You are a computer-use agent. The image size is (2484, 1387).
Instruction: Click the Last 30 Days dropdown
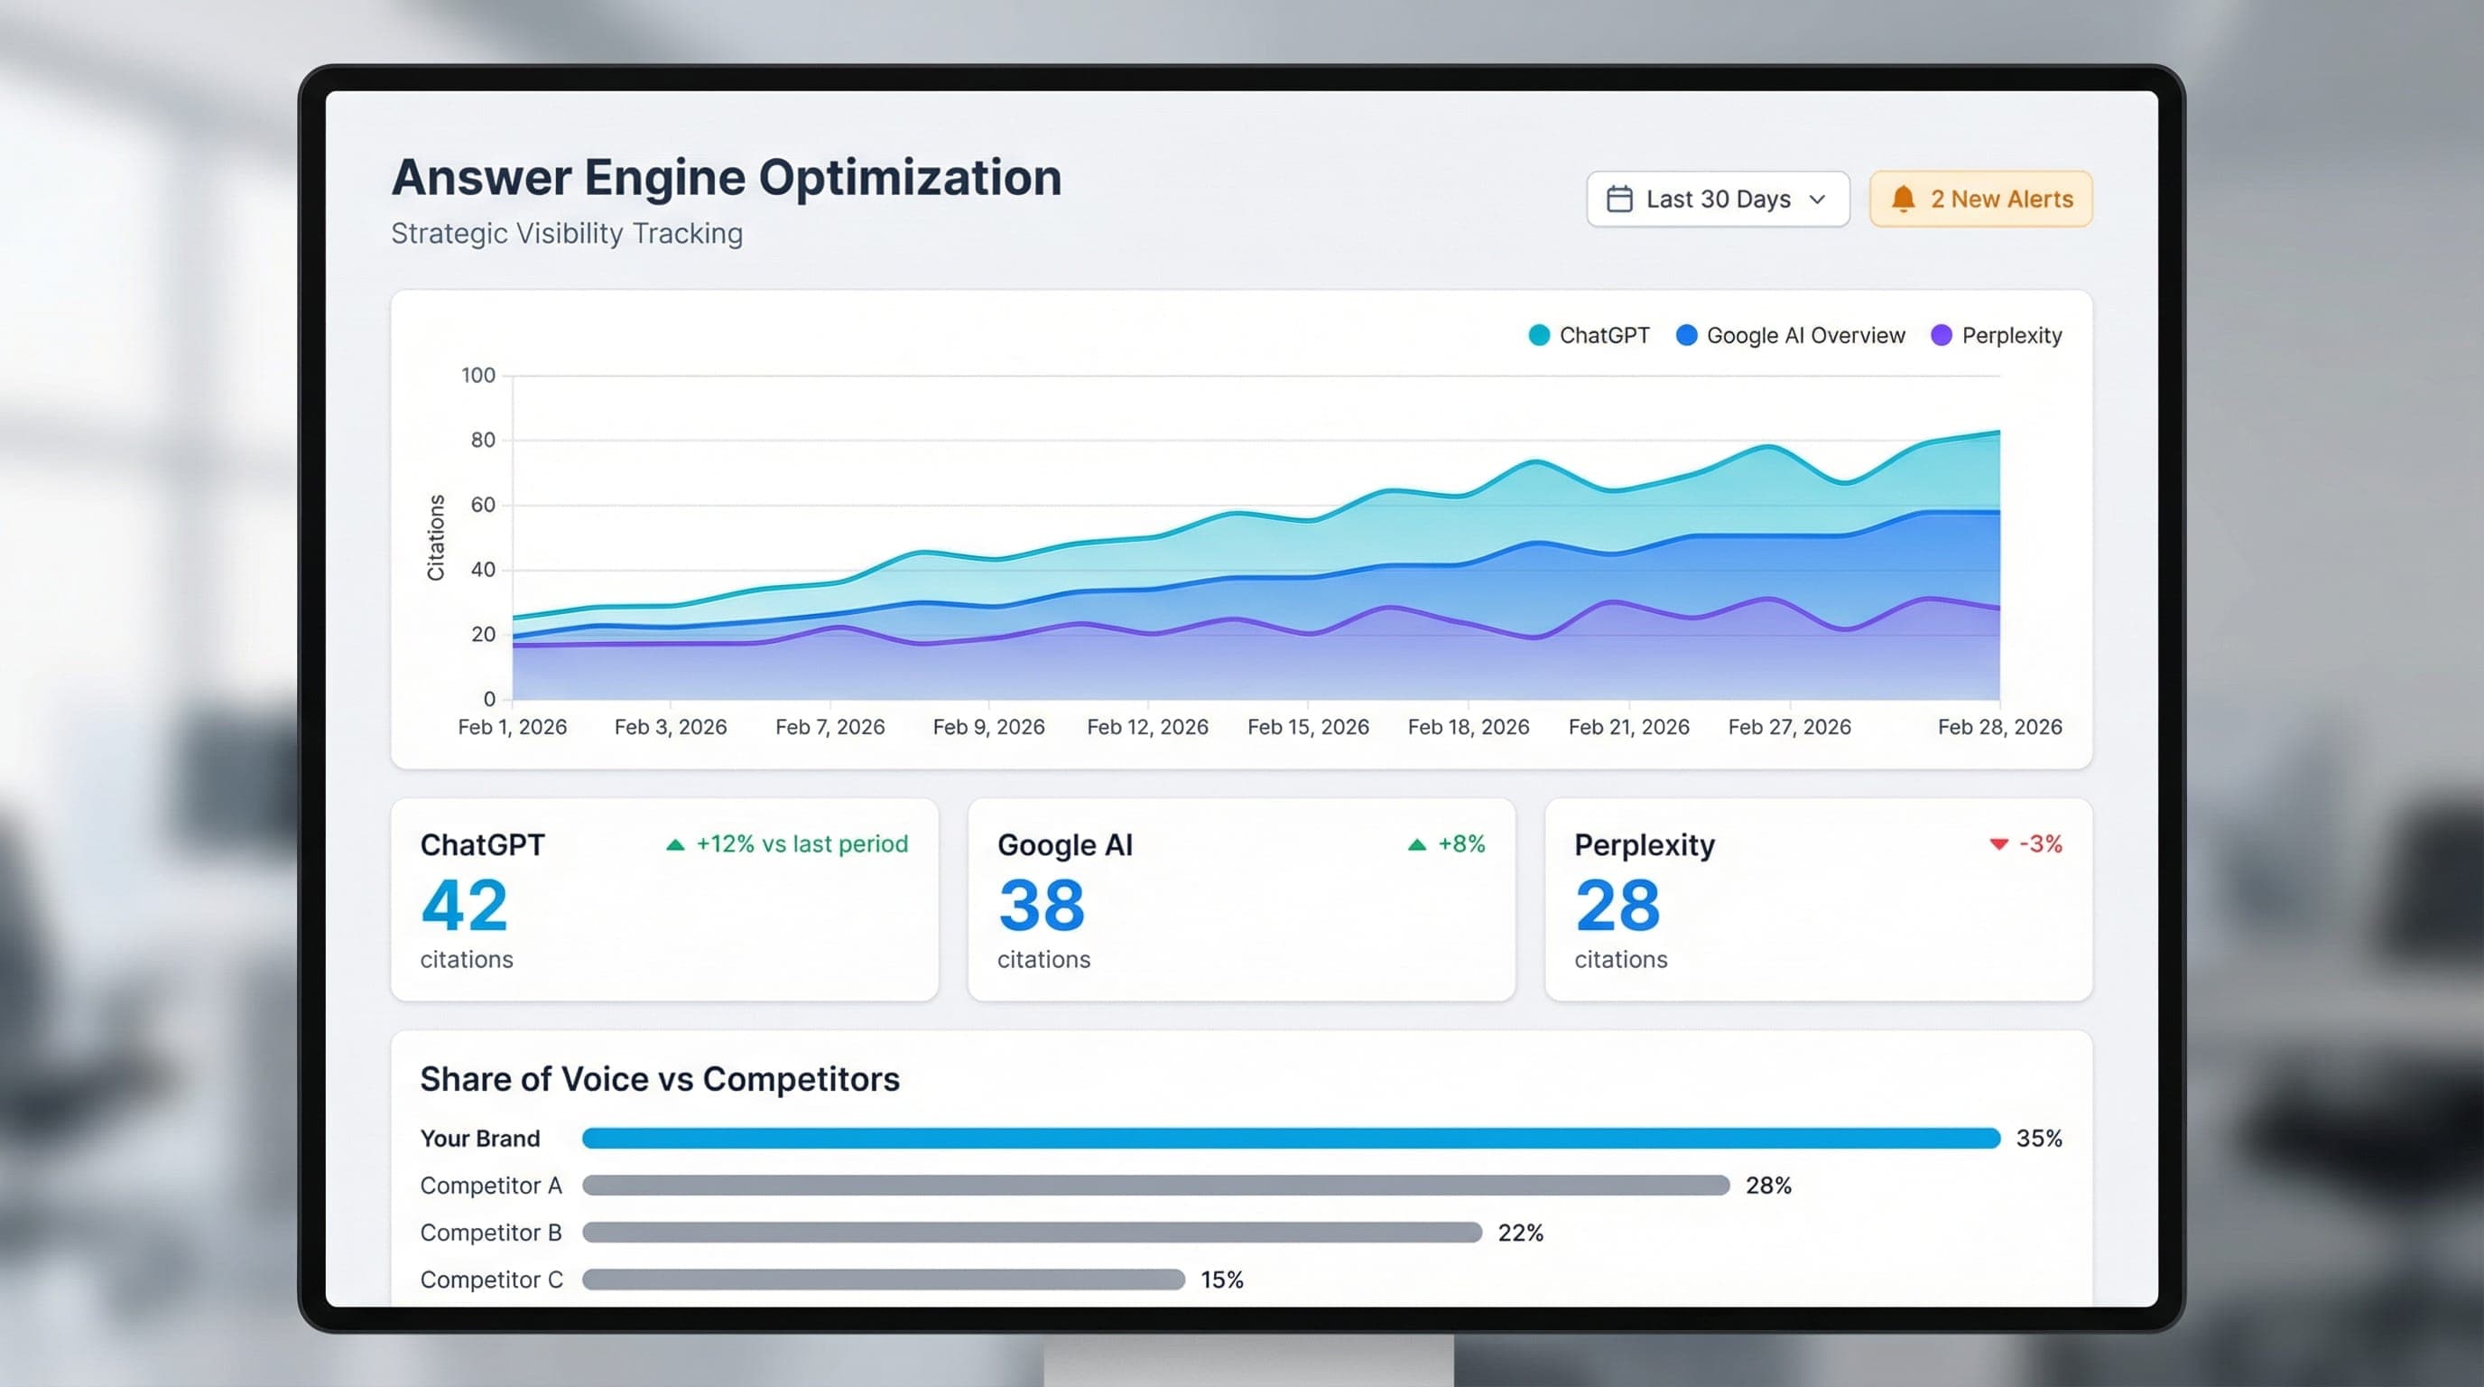coord(1718,199)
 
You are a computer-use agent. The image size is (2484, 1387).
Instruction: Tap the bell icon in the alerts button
coord(1903,199)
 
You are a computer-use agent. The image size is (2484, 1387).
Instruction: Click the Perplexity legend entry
coord(1997,336)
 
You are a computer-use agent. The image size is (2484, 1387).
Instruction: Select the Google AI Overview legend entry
coord(1791,336)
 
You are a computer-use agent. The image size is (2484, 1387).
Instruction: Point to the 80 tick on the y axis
coord(482,440)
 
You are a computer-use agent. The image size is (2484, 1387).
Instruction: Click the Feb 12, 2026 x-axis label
coord(1146,726)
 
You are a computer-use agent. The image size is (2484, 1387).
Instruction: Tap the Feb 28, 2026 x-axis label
coord(1999,726)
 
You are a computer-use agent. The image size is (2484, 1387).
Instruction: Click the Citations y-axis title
coord(436,537)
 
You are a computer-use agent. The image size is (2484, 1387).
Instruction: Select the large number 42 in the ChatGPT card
coord(464,906)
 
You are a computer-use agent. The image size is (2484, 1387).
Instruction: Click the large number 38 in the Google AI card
coord(1042,906)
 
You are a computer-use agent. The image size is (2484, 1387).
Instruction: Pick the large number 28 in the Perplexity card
coord(1617,906)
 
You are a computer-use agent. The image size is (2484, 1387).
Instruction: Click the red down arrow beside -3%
coord(1998,844)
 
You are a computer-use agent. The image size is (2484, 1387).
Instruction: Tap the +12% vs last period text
coord(802,844)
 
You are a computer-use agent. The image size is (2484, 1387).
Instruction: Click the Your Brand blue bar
coord(1290,1138)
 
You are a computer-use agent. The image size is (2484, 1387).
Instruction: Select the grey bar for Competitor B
coord(1031,1232)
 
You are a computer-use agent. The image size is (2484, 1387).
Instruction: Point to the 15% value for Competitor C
coord(1222,1279)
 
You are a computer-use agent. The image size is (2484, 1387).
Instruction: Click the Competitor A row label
coord(491,1186)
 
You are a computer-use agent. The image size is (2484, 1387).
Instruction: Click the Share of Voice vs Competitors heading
coord(660,1078)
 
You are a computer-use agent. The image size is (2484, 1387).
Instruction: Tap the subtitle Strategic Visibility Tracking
coord(567,233)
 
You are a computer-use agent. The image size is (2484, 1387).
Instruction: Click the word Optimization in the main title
coord(909,178)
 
